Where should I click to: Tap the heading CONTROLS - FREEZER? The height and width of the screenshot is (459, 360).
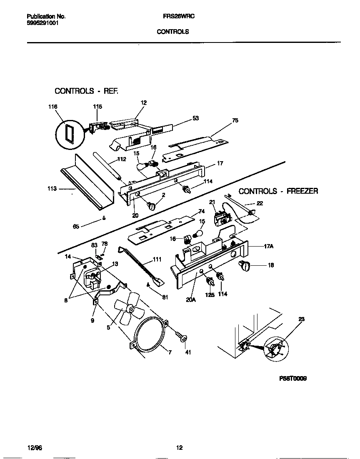tap(278, 191)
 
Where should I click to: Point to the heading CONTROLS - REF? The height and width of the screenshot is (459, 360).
tap(87, 90)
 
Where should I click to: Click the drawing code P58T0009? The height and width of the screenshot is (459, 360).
tap(292, 379)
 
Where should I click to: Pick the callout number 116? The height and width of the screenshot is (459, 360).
tap(52, 107)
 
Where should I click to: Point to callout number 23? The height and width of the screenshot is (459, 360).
tap(301, 319)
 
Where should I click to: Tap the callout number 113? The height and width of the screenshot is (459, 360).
tap(52, 188)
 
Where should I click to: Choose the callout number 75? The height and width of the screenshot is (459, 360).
tap(235, 120)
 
